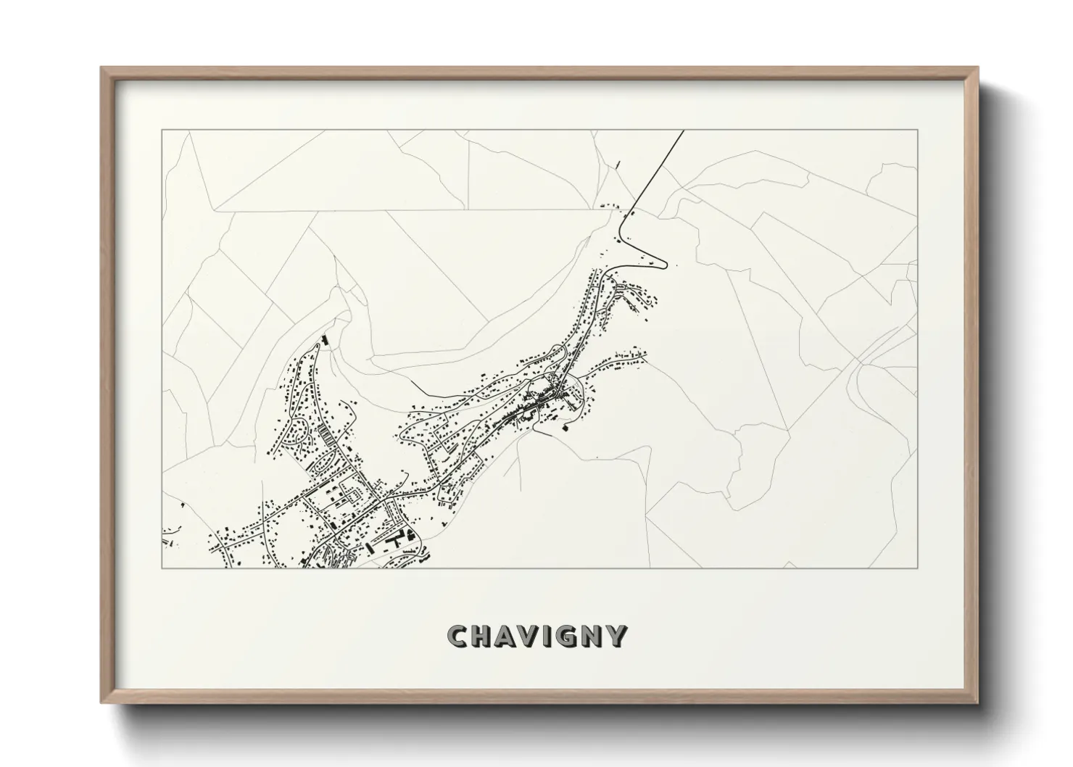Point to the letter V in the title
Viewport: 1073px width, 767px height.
535,636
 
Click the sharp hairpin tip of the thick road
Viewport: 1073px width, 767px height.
666,265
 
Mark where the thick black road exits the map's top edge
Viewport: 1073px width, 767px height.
684,131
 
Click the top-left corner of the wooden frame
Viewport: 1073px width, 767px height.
101,67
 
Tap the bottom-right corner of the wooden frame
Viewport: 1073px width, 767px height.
977,703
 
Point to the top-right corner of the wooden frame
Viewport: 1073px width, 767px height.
977,67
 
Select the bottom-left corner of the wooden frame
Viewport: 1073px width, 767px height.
101,703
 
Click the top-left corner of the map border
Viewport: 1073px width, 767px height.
162,130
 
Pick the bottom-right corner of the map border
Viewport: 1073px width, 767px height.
918,568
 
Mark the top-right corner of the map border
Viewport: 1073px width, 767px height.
918,130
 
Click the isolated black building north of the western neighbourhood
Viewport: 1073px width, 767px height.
324,339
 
